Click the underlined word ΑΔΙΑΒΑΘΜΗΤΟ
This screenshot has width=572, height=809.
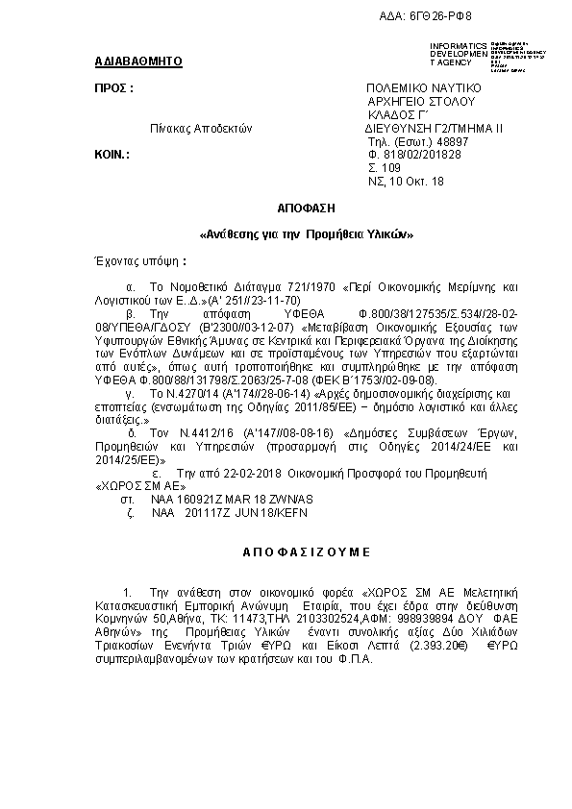pyautogui.click(x=138, y=62)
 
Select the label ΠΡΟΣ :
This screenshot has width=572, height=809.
pyautogui.click(x=112, y=87)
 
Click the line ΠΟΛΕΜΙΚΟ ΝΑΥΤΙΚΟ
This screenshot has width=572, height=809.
pyautogui.click(x=422, y=87)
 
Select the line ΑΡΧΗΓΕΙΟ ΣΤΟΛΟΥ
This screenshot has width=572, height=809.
pyautogui.click(x=421, y=101)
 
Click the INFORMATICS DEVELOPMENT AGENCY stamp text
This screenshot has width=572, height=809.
pyautogui.click(x=460, y=54)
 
